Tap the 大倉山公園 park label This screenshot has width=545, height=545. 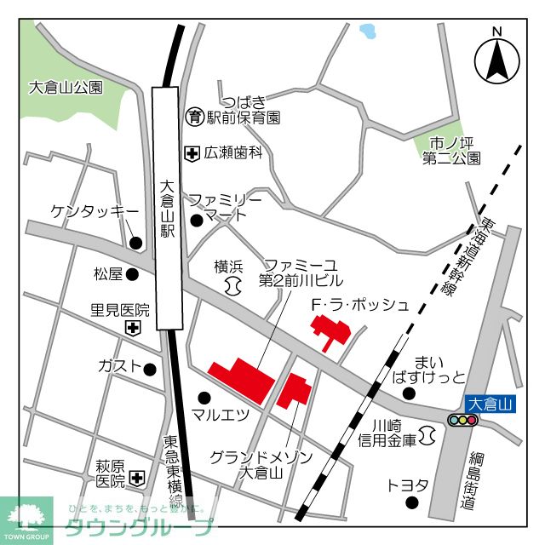coord(66,87)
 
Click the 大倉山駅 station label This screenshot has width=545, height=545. coord(167,210)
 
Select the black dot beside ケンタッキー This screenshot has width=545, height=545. coord(135,243)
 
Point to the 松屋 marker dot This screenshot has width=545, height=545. coord(135,274)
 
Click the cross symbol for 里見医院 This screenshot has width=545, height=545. coord(133,328)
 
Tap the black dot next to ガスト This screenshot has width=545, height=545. coord(150,370)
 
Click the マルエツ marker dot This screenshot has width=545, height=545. coord(204,397)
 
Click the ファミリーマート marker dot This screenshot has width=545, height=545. coord(197,221)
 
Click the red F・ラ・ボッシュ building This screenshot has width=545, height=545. coord(327,330)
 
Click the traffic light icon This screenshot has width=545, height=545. coord(462,420)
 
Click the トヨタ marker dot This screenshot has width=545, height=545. coord(413,502)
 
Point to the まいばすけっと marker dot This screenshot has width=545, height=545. coord(409,393)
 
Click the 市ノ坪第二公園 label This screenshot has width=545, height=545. coord(455,150)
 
